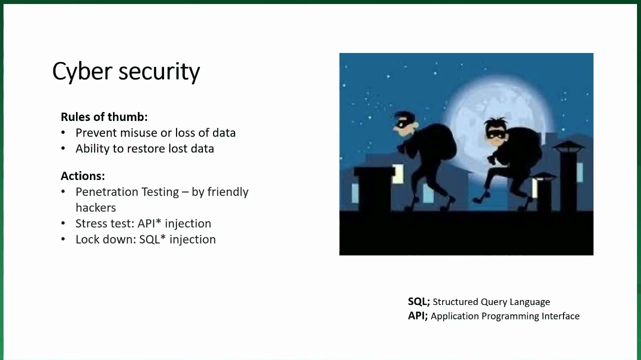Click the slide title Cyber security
click(x=126, y=71)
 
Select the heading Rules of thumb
click(x=104, y=117)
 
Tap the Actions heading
click(x=82, y=176)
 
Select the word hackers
click(x=95, y=208)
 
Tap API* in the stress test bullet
click(x=149, y=223)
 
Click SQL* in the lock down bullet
click(x=152, y=239)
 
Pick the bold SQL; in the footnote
click(x=419, y=301)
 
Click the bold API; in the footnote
click(x=418, y=316)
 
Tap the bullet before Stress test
click(x=63, y=223)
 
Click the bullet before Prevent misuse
click(x=63, y=133)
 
